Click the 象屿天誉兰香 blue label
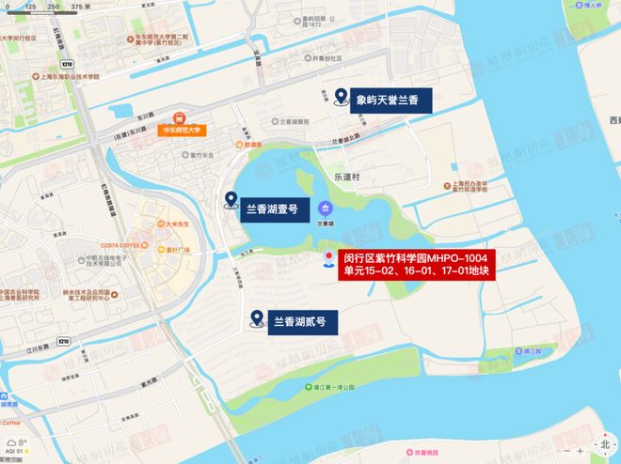[x=387, y=98]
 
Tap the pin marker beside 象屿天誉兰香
[x=341, y=97]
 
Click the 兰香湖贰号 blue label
[x=299, y=321]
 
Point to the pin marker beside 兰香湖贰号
[x=256, y=320]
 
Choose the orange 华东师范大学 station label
[x=183, y=130]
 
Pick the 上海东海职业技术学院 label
[x=69, y=78]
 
